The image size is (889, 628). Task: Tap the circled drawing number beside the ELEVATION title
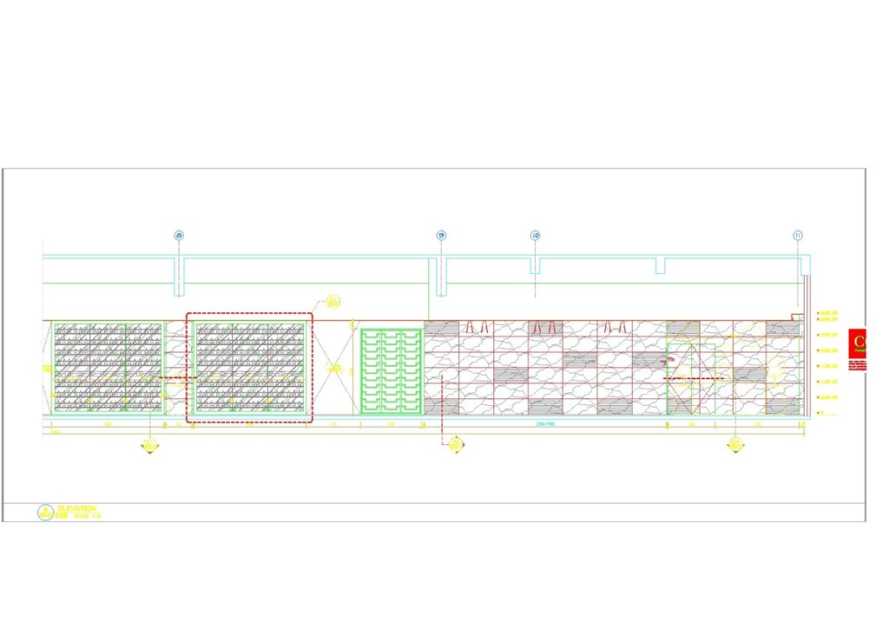click(44, 513)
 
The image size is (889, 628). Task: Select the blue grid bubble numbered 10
click(535, 235)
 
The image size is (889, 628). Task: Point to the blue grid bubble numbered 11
click(798, 235)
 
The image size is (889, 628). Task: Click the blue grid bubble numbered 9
click(441, 235)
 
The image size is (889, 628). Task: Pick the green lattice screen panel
click(391, 371)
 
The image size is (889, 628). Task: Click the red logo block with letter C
click(858, 341)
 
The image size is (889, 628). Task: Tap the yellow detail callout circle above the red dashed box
click(333, 302)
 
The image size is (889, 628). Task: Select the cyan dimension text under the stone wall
click(545, 425)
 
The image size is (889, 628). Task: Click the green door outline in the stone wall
click(691, 379)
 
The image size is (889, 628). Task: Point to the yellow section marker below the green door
click(735, 445)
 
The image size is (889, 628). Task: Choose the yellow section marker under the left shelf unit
click(150, 445)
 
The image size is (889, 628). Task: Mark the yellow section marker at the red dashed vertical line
click(455, 444)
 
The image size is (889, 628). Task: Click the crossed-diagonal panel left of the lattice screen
click(333, 369)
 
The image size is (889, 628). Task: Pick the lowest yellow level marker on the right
click(828, 412)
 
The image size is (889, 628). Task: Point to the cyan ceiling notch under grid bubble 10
click(535, 265)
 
